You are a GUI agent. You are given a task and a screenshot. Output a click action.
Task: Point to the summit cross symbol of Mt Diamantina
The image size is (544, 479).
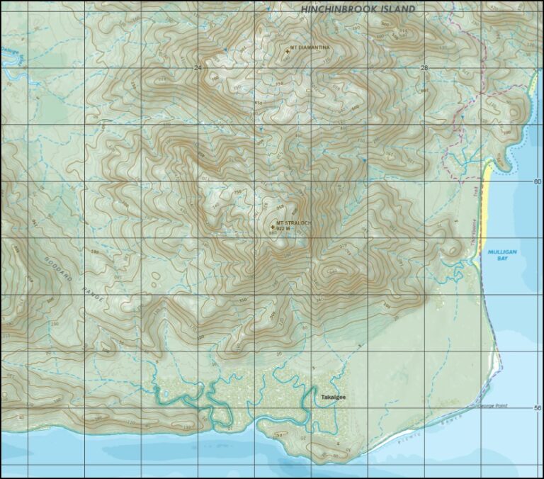pyautogui.click(x=287, y=50)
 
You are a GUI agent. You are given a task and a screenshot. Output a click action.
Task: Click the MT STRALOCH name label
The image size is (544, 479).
pyautogui.click(x=294, y=223)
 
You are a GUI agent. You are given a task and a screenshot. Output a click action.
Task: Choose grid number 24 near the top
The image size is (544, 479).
pyautogui.click(x=198, y=67)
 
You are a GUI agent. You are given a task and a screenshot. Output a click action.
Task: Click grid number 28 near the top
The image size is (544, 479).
pyautogui.click(x=424, y=67)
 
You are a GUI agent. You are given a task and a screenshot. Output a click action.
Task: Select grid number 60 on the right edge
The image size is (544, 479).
pyautogui.click(x=536, y=181)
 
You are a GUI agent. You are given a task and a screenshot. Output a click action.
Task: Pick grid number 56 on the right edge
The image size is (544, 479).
pyautogui.click(x=536, y=408)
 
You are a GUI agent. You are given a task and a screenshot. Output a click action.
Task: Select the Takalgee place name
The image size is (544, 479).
pyautogui.click(x=333, y=398)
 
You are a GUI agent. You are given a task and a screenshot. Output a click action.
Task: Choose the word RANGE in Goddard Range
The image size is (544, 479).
pyautogui.click(x=93, y=293)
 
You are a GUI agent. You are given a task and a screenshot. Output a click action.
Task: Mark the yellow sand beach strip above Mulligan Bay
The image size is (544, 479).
pyautogui.click(x=486, y=205)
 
